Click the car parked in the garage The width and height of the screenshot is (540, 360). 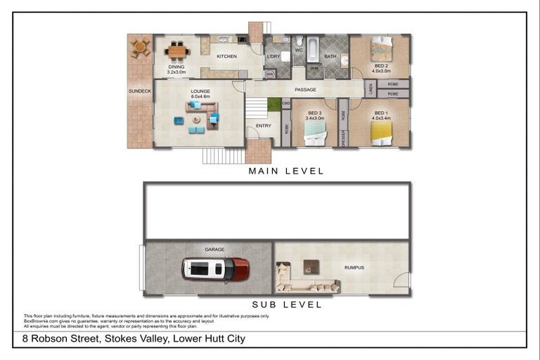[215, 269]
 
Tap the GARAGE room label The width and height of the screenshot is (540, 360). [214, 250]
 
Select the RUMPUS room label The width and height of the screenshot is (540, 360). [354, 268]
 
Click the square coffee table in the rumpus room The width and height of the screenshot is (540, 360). [311, 267]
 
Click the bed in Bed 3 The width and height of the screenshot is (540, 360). [314, 134]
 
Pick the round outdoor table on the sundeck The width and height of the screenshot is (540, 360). [140, 48]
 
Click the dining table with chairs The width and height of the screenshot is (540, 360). [177, 51]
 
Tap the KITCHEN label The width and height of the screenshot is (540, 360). [226, 56]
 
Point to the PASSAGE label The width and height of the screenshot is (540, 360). [305, 89]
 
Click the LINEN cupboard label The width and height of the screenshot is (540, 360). [371, 89]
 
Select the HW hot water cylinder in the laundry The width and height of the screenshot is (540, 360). [270, 73]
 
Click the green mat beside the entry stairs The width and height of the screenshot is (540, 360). [274, 104]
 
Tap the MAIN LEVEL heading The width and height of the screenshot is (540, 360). [286, 171]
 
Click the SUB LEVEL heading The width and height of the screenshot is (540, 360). [286, 304]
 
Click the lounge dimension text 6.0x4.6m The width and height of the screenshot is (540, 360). [200, 97]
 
